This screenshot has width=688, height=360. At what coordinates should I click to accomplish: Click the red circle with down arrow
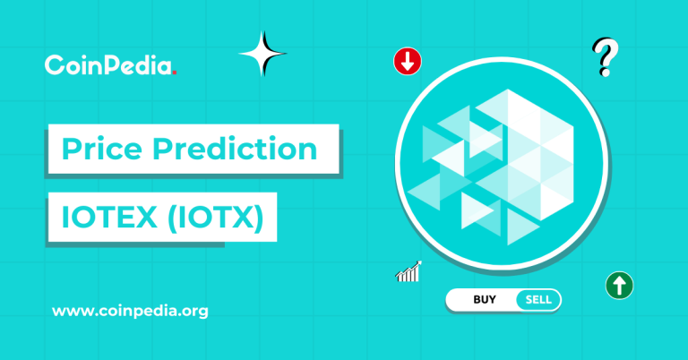point(408,62)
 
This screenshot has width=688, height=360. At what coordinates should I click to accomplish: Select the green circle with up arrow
point(619,286)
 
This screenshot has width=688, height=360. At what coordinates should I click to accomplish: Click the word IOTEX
point(100,219)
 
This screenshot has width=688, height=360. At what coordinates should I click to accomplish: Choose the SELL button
point(537,299)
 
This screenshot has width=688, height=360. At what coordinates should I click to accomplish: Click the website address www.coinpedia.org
point(130,312)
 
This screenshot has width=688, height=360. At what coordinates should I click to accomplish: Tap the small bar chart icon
point(408,271)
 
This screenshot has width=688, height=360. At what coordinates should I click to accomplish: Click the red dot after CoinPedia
point(176,71)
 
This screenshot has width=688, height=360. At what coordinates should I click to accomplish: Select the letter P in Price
point(69,148)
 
